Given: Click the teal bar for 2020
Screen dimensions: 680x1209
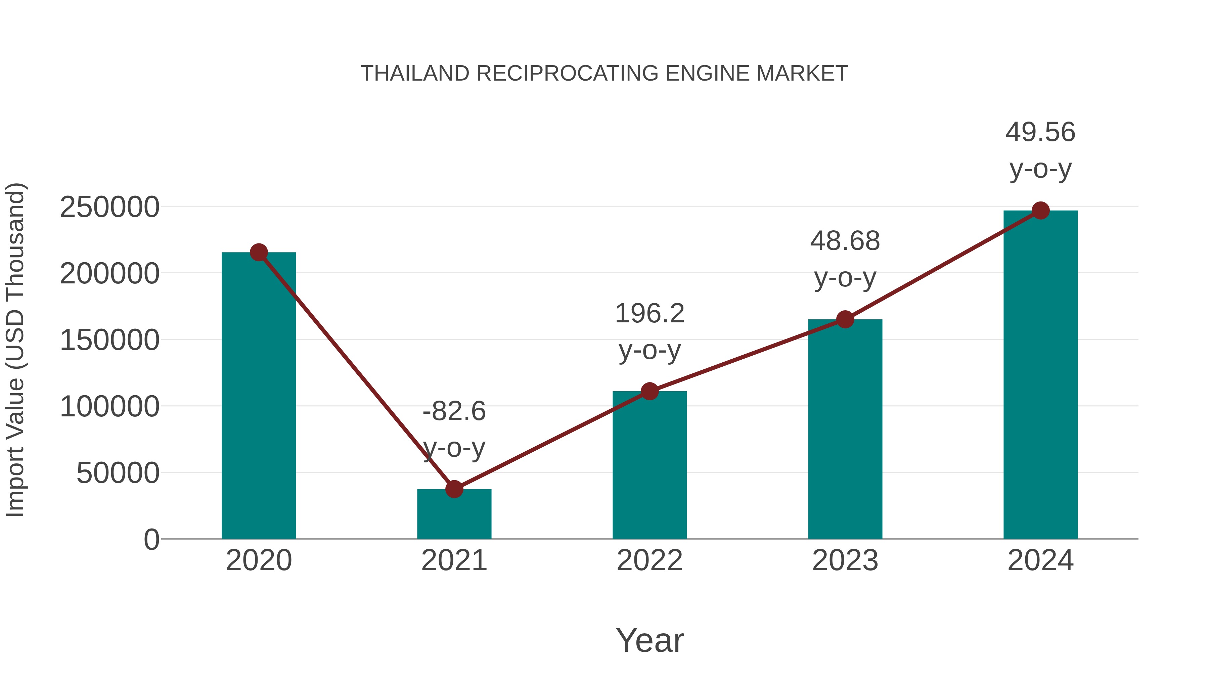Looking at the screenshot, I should [259, 399].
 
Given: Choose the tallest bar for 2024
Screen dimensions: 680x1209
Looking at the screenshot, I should [1040, 375].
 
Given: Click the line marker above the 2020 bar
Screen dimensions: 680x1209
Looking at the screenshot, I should [259, 253].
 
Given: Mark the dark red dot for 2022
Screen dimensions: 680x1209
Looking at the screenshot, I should [650, 391].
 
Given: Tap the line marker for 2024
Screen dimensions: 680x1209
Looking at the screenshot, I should [1040, 211].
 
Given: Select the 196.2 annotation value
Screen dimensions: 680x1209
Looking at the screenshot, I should [650, 314].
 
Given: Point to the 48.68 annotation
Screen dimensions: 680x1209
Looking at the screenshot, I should [845, 241].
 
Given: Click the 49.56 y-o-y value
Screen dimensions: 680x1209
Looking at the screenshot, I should [1040, 132].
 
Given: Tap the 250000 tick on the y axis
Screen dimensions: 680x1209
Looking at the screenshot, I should [109, 207].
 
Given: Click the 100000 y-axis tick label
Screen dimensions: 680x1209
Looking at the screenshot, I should [109, 406].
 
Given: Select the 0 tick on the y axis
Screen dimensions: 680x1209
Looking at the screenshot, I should [151, 540].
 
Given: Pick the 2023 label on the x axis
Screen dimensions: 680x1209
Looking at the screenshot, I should [845, 560].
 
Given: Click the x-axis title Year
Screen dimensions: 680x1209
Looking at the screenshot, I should [650, 641].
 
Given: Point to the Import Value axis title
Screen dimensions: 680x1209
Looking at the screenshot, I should [15, 350].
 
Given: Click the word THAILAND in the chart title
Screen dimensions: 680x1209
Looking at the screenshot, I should [415, 74].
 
